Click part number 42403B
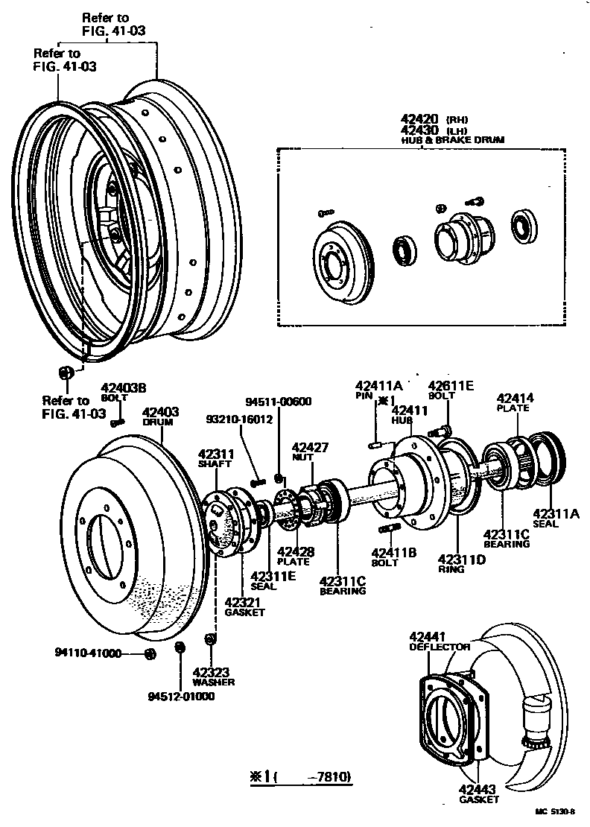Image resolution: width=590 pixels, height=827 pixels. click(124, 388)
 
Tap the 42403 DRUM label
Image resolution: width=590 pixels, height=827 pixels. click(159, 415)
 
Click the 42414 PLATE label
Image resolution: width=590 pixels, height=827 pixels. click(516, 402)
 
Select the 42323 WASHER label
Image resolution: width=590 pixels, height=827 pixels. click(213, 676)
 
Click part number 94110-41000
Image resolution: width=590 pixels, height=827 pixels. click(88, 653)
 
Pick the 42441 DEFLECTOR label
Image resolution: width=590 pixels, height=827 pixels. click(440, 641)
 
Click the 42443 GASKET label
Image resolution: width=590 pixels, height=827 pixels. click(479, 794)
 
